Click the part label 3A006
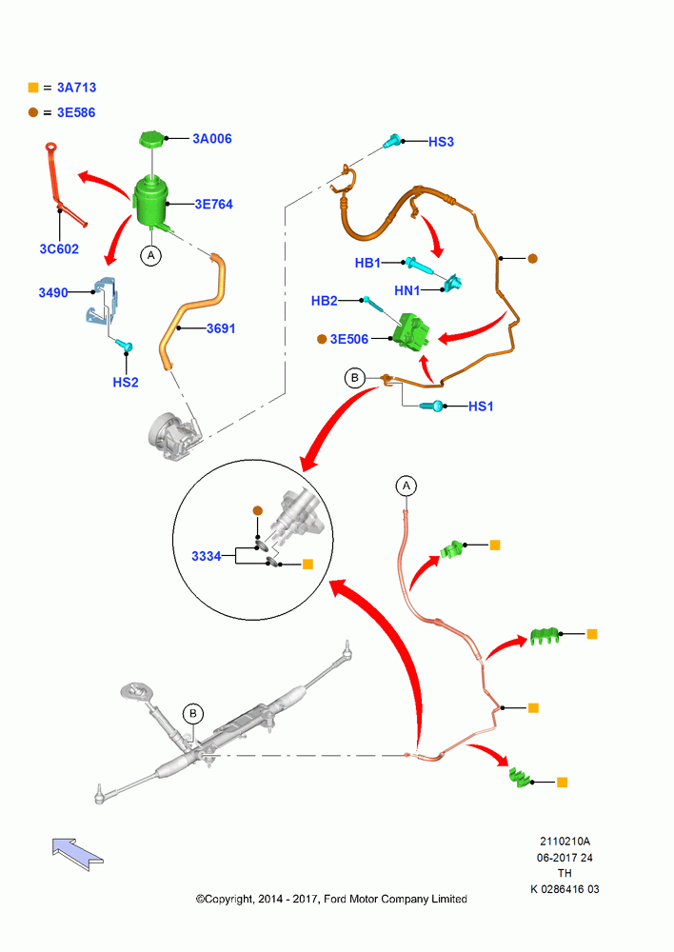coord(212,138)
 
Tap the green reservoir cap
coord(151,138)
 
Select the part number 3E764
coord(214,204)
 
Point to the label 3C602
coord(59,248)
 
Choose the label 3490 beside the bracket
coord(52,292)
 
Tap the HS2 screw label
coord(126,382)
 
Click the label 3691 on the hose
coord(221,328)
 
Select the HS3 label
coord(441,142)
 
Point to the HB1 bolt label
coord(367,263)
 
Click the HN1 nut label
coord(406,290)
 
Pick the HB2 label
coord(324,301)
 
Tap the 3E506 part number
coord(349,339)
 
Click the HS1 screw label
coord(481,407)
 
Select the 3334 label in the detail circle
coord(207,556)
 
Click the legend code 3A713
coord(76,88)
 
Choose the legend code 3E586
coord(76,112)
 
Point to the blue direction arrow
coord(77,852)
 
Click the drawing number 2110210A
coord(565,841)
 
